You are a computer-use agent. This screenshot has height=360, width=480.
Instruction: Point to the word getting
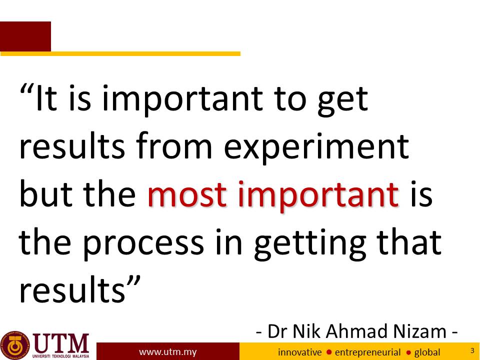tap(309, 244)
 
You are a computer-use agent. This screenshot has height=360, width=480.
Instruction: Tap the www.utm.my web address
tap(167, 352)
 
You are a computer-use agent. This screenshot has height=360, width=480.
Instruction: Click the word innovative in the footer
tap(299, 352)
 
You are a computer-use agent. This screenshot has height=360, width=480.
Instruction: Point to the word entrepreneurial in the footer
tap(367, 352)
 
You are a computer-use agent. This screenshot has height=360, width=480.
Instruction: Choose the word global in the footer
tap(427, 352)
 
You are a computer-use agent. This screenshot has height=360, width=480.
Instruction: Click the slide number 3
tap(472, 350)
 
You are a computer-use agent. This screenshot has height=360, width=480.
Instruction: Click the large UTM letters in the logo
tap(61, 343)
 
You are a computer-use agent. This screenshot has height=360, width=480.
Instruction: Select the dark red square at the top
tap(25, 36)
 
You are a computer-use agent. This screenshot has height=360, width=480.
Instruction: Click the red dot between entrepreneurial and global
tap(408, 352)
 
